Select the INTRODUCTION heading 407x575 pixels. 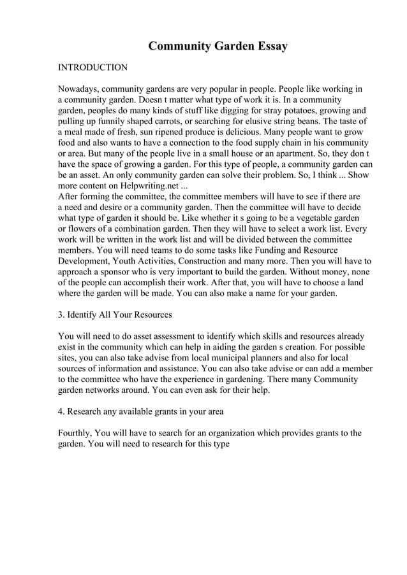pos(93,67)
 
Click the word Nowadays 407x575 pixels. pos(78,89)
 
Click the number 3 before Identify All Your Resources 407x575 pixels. pos(61,315)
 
